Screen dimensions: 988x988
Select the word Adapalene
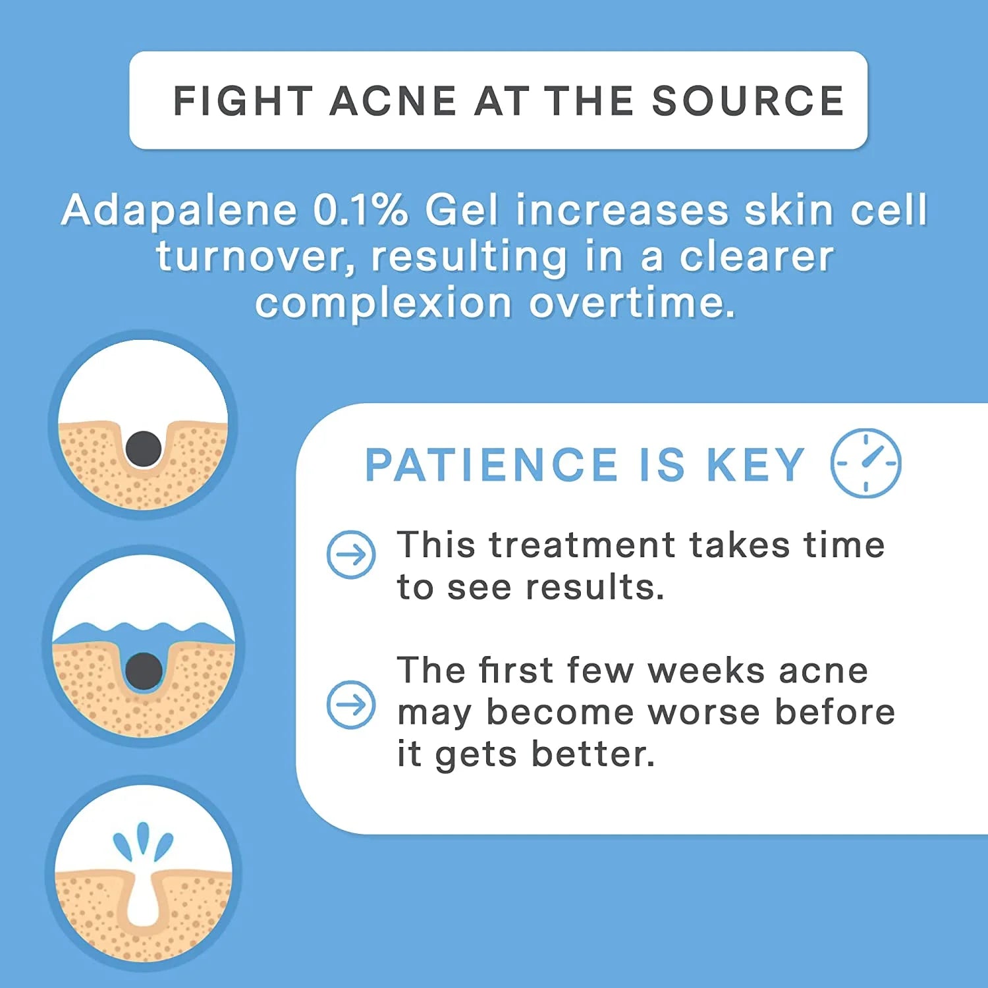pyautogui.click(x=179, y=211)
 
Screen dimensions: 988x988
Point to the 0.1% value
pyautogui.click(x=360, y=211)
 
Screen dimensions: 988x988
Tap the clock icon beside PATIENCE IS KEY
pyautogui.click(x=865, y=463)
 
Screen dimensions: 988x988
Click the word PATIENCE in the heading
pyautogui.click(x=491, y=465)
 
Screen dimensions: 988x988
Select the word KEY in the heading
pyautogui.click(x=755, y=465)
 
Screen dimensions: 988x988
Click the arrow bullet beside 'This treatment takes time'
pyautogui.click(x=351, y=555)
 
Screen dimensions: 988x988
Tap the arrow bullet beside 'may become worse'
pyautogui.click(x=351, y=704)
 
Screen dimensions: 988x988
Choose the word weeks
pyautogui.click(x=705, y=671)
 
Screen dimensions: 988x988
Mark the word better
pyautogui.click(x=593, y=754)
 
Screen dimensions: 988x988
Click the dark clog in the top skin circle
pyautogui.click(x=144, y=449)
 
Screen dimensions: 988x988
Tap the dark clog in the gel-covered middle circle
pyautogui.click(x=144, y=671)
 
